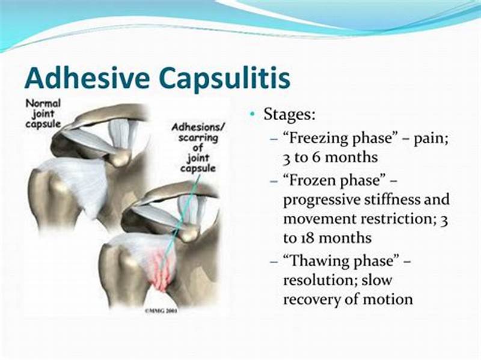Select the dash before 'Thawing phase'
click(x=274, y=261)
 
